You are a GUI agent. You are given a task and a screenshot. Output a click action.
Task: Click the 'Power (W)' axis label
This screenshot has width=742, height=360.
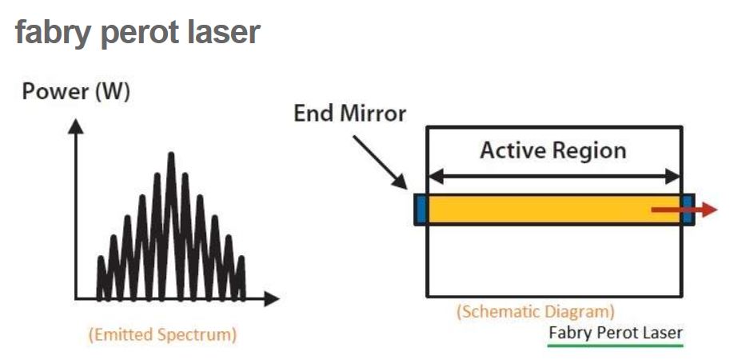pyautogui.click(x=76, y=92)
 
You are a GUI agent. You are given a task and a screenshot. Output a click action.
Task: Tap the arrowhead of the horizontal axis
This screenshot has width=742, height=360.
pyautogui.click(x=273, y=299)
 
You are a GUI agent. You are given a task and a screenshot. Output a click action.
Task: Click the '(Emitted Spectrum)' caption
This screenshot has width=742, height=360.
pyautogui.click(x=162, y=334)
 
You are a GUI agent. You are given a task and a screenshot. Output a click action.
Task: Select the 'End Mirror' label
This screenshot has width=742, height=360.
pyautogui.click(x=350, y=113)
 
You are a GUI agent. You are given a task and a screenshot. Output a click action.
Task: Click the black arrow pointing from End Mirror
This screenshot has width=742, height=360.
pyautogui.click(x=381, y=160)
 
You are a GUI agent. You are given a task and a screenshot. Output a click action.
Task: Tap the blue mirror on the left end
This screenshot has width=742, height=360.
pyautogui.click(x=419, y=210)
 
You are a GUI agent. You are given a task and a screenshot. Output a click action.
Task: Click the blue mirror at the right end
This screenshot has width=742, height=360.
pyautogui.click(x=688, y=210)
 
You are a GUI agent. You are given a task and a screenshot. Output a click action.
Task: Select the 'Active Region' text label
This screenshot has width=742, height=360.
pyautogui.click(x=553, y=150)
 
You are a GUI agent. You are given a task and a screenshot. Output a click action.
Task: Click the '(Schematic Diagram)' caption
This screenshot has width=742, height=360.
pyautogui.click(x=535, y=312)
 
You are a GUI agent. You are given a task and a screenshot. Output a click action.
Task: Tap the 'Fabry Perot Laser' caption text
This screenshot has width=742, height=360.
pyautogui.click(x=616, y=331)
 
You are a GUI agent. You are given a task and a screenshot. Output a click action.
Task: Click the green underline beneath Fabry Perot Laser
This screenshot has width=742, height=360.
pyautogui.click(x=616, y=346)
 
